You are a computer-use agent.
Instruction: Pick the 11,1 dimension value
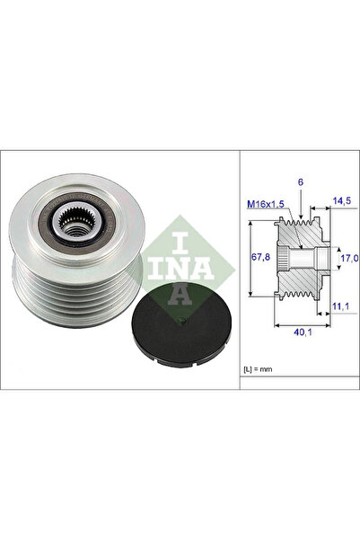coord(341,307)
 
